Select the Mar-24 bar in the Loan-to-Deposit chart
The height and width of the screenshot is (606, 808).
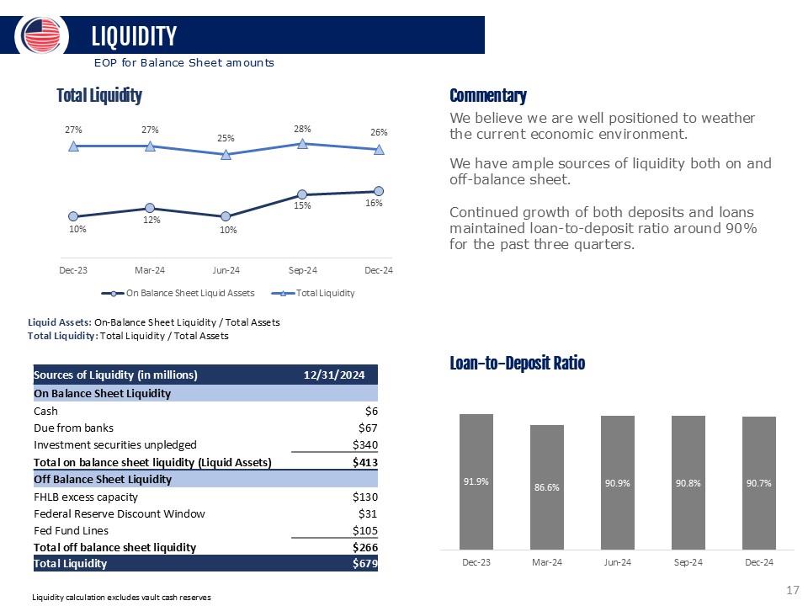click(546, 486)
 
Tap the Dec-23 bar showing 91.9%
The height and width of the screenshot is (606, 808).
click(476, 481)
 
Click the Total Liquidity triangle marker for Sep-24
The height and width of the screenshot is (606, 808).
click(302, 144)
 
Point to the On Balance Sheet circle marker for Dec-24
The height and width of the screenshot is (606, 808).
click(379, 191)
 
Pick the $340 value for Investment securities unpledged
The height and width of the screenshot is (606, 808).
click(364, 444)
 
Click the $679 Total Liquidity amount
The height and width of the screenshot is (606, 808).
click(364, 563)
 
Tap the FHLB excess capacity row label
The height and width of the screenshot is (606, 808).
click(86, 497)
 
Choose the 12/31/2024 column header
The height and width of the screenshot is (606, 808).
click(334, 375)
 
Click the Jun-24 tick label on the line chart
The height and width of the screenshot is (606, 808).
click(226, 270)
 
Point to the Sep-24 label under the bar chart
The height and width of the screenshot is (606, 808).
click(688, 562)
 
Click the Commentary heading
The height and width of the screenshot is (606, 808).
click(488, 96)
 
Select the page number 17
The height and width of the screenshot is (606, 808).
click(792, 591)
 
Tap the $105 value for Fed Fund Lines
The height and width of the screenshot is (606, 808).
click(364, 530)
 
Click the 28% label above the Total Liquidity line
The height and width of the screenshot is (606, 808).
click(302, 129)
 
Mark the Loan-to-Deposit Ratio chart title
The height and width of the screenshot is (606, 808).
click(517, 363)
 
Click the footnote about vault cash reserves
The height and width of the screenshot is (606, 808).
click(121, 597)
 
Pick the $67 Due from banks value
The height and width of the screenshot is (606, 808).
click(368, 428)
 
